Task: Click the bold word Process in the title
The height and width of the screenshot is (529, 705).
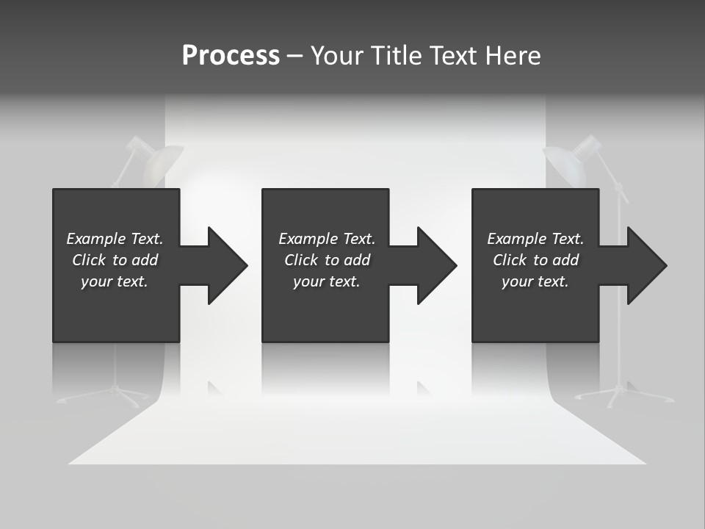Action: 231,56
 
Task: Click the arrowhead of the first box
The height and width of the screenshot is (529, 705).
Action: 226,265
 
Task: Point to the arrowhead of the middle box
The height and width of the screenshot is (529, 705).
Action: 435,265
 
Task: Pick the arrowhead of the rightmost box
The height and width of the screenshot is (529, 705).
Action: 646,265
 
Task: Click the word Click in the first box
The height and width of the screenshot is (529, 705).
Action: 89,260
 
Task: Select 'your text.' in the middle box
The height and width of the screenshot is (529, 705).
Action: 326,281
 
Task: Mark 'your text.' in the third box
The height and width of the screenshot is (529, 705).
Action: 535,281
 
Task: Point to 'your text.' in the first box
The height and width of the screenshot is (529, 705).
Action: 114,281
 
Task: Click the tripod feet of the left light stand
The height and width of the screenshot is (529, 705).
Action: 99,397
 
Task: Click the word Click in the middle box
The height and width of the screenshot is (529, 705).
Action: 301,260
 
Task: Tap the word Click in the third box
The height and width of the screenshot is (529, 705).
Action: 510,260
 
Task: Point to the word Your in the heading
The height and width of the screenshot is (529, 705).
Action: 337,56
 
